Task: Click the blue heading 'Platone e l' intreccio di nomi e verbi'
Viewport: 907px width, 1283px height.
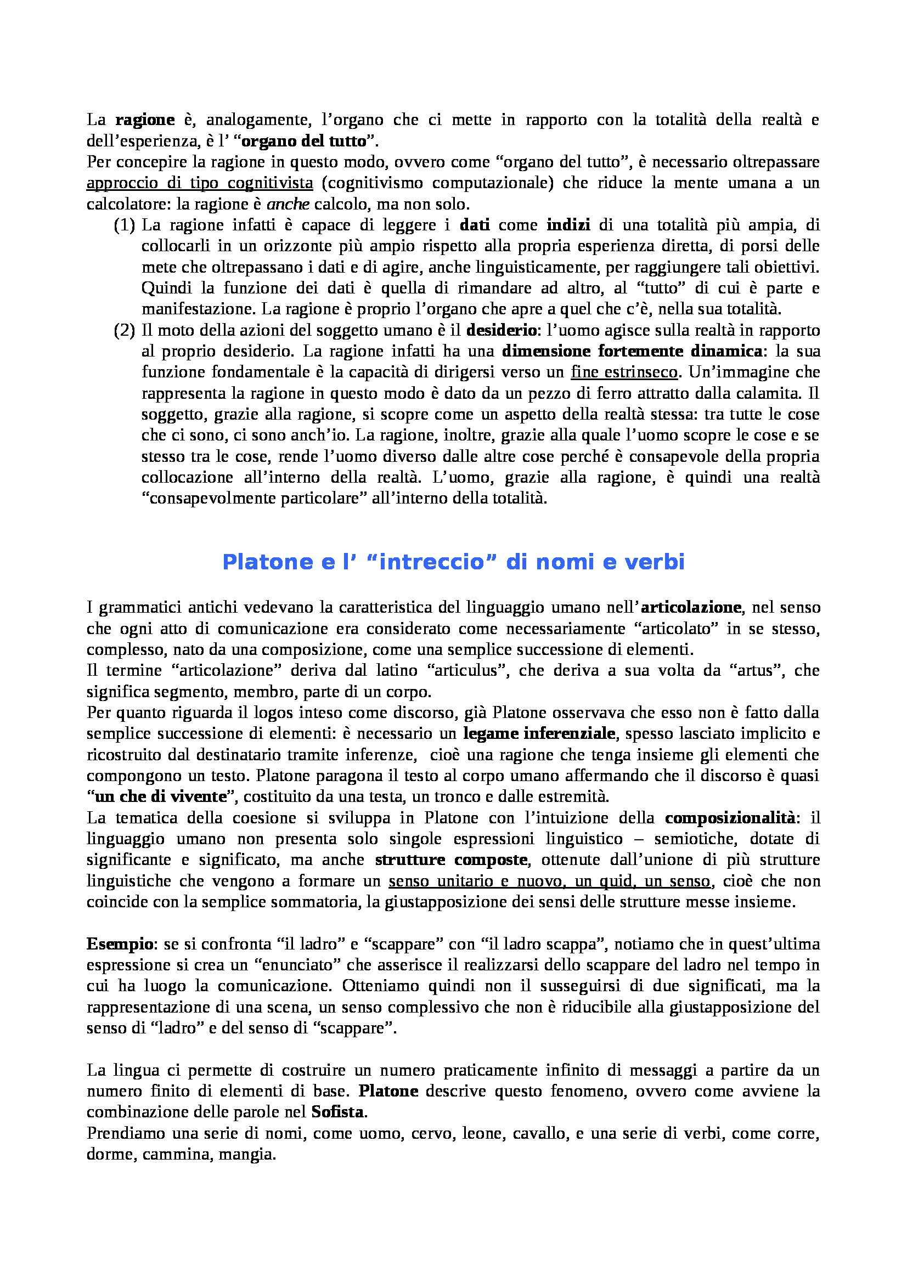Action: (453, 562)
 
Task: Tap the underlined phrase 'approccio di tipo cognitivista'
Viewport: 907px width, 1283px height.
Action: (200, 183)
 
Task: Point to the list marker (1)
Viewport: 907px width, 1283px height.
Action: (125, 225)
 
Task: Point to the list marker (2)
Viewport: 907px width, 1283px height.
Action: (125, 330)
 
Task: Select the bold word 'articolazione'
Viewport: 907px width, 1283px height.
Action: (691, 607)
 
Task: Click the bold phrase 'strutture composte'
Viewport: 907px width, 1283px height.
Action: (451, 860)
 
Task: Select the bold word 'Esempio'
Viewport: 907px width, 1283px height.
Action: (119, 944)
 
